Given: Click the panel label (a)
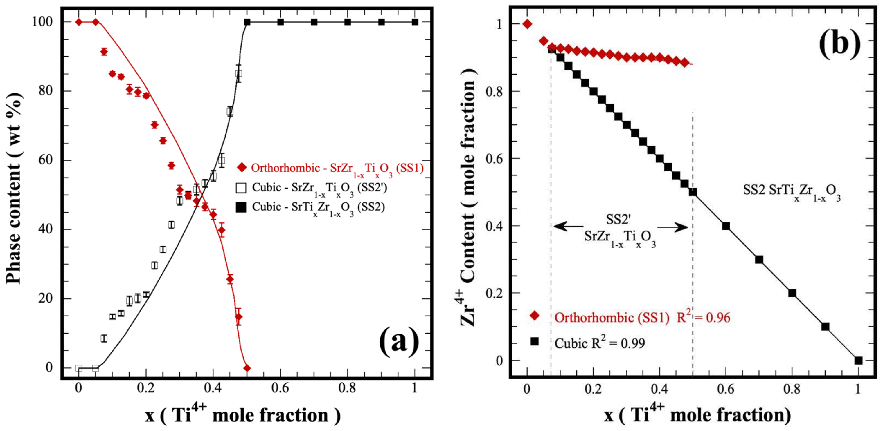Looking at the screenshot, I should (399, 341).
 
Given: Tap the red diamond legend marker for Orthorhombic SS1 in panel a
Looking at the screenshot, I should (242, 167).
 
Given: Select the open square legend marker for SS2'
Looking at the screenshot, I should (241, 188).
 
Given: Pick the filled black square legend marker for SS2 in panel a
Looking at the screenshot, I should (241, 207).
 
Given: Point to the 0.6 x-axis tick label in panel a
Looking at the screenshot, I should (280, 387).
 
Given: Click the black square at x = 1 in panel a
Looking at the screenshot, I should (415, 22).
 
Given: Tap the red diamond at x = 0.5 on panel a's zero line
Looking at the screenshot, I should (247, 368).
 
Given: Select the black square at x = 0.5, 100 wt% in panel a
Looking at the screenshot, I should (247, 22).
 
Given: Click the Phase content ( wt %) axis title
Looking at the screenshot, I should (15, 188).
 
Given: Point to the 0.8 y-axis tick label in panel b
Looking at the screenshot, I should (494, 91).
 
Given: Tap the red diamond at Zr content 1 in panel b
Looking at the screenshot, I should (527, 24).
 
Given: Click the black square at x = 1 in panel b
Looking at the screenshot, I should (858, 361).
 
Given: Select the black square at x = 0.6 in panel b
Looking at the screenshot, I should (726, 226).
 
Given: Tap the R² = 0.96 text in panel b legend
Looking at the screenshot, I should (703, 317).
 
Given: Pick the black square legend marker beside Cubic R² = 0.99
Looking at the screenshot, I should (534, 341).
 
